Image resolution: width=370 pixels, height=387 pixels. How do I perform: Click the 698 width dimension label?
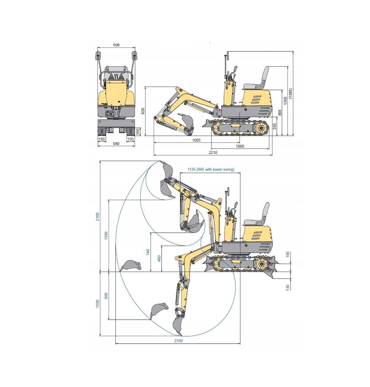click(x=116, y=45)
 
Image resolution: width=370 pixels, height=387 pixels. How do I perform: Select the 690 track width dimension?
click(x=116, y=144)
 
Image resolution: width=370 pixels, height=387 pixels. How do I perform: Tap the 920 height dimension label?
click(x=143, y=111)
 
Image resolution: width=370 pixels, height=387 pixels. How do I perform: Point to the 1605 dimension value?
click(x=196, y=140)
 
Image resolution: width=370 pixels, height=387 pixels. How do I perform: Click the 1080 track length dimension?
click(x=240, y=146)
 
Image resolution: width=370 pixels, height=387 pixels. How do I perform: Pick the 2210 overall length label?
click(x=213, y=153)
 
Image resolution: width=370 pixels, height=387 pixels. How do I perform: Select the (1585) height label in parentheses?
click(x=291, y=93)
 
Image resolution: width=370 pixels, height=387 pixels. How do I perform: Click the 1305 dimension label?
click(x=285, y=101)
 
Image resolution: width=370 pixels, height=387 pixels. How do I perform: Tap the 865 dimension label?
click(x=280, y=113)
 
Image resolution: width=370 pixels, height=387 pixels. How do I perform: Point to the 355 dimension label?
click(x=275, y=127)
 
